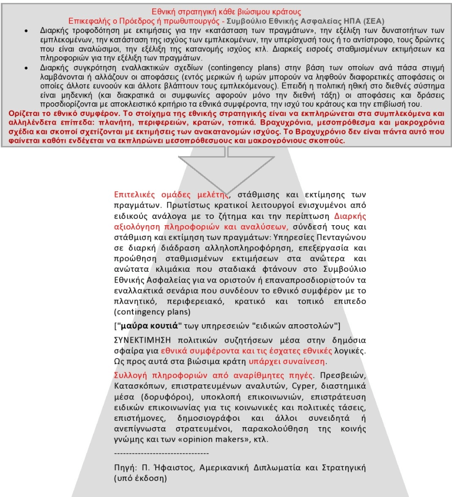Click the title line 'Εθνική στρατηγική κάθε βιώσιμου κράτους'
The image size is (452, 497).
click(226, 12)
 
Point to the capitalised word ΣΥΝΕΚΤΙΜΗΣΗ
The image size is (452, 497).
click(141, 340)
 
